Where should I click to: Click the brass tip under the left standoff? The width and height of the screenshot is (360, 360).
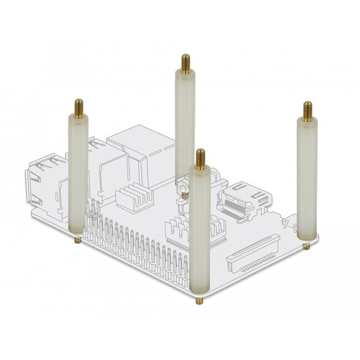(78, 239)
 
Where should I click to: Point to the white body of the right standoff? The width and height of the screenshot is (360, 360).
(306, 177)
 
